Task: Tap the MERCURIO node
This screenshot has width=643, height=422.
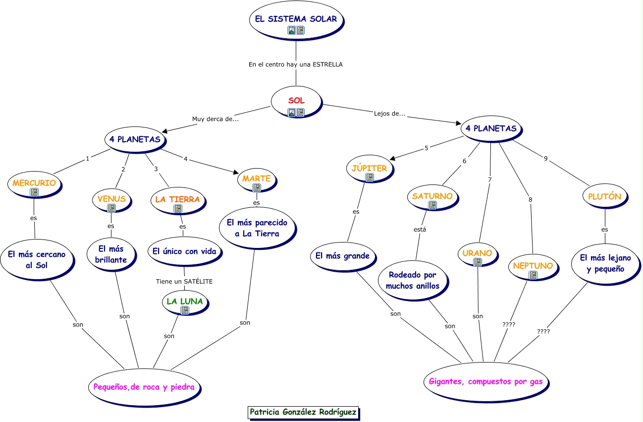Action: [x=34, y=184]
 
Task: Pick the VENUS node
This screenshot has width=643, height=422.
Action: [x=111, y=200]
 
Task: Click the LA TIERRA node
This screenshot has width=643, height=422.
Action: [x=177, y=201]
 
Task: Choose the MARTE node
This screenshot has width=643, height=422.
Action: [x=256, y=180]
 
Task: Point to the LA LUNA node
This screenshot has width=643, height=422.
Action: [x=185, y=302]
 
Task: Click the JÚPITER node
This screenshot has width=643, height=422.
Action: [x=369, y=170]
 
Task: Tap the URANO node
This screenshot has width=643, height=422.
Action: [x=478, y=255]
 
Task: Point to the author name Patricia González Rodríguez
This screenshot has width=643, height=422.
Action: [x=303, y=412]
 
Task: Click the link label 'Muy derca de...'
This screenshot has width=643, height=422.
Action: [x=215, y=119]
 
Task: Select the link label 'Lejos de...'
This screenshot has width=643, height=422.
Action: [x=389, y=114]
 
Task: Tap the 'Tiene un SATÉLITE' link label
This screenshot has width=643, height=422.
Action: [x=184, y=281]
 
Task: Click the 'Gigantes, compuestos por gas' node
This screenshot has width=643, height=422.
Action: [x=485, y=382]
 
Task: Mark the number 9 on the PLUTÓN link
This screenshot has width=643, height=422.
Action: [x=545, y=159]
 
